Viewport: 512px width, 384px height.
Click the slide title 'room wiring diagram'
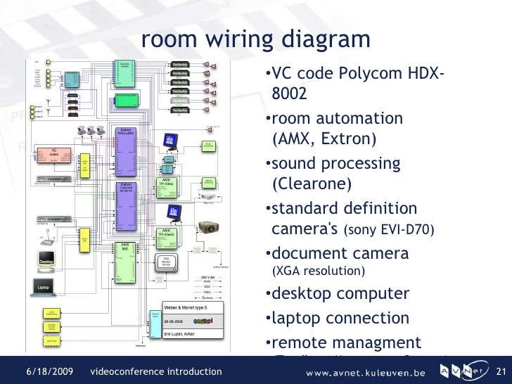[x=255, y=39]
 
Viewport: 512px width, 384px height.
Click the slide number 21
[x=501, y=371]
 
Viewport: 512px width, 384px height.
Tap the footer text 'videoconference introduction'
[x=157, y=371]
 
